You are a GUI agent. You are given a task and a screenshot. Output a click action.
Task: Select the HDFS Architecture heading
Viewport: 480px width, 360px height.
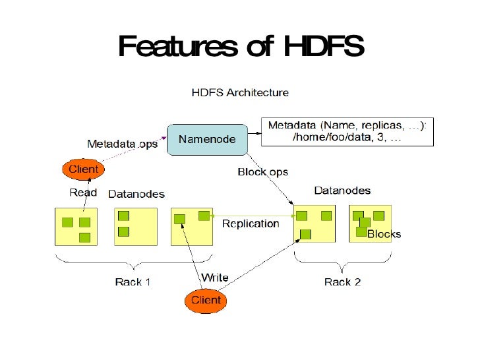(x=240, y=92)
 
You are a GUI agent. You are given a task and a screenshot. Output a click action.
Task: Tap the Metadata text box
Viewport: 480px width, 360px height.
(x=347, y=132)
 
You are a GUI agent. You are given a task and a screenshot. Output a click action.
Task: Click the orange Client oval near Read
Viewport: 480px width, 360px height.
(x=84, y=169)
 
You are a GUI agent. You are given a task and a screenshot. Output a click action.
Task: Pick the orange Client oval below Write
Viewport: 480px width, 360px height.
(x=206, y=301)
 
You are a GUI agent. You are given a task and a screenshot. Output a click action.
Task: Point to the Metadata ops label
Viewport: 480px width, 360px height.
(x=123, y=144)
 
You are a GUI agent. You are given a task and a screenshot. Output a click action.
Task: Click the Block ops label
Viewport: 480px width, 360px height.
(x=262, y=172)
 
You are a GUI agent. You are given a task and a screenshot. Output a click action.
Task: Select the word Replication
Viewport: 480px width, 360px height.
(x=251, y=224)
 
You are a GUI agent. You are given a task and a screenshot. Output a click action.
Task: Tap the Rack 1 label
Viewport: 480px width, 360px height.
(x=133, y=282)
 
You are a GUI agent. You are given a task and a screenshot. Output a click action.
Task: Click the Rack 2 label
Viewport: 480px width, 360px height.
(x=342, y=282)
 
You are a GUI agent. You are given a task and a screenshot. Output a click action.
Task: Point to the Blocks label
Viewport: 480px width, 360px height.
(x=384, y=235)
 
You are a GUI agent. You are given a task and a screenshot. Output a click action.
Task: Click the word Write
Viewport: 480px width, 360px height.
(x=214, y=278)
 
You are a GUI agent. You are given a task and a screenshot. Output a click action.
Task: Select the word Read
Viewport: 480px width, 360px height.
(x=83, y=193)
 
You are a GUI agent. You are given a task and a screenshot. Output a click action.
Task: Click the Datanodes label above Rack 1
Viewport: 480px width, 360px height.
(x=136, y=194)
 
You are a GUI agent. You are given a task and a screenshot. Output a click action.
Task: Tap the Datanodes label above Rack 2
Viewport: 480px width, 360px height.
(x=342, y=191)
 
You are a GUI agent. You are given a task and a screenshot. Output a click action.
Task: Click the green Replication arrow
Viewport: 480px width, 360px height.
(x=257, y=216)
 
